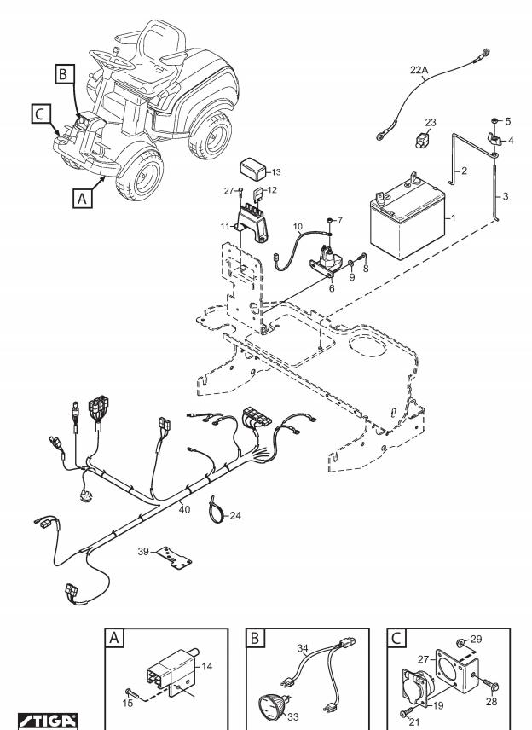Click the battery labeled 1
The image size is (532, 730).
pos(408,220)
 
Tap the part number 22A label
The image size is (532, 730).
pos(419,70)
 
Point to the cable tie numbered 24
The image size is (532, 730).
pos(217,511)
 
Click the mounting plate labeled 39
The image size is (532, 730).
pos(174,558)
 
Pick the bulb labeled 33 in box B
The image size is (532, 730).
pos(271,707)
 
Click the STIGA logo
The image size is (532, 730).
pos(48,721)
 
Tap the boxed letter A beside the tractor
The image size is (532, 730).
pos(83,199)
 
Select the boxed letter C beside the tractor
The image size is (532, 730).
pos(40,114)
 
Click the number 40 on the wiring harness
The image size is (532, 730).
pos(184,509)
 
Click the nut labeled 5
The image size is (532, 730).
pos(494,121)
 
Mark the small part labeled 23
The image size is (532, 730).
pos(422,140)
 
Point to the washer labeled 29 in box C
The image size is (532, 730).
pos(460,643)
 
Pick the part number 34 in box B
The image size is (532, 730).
pos(303,647)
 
